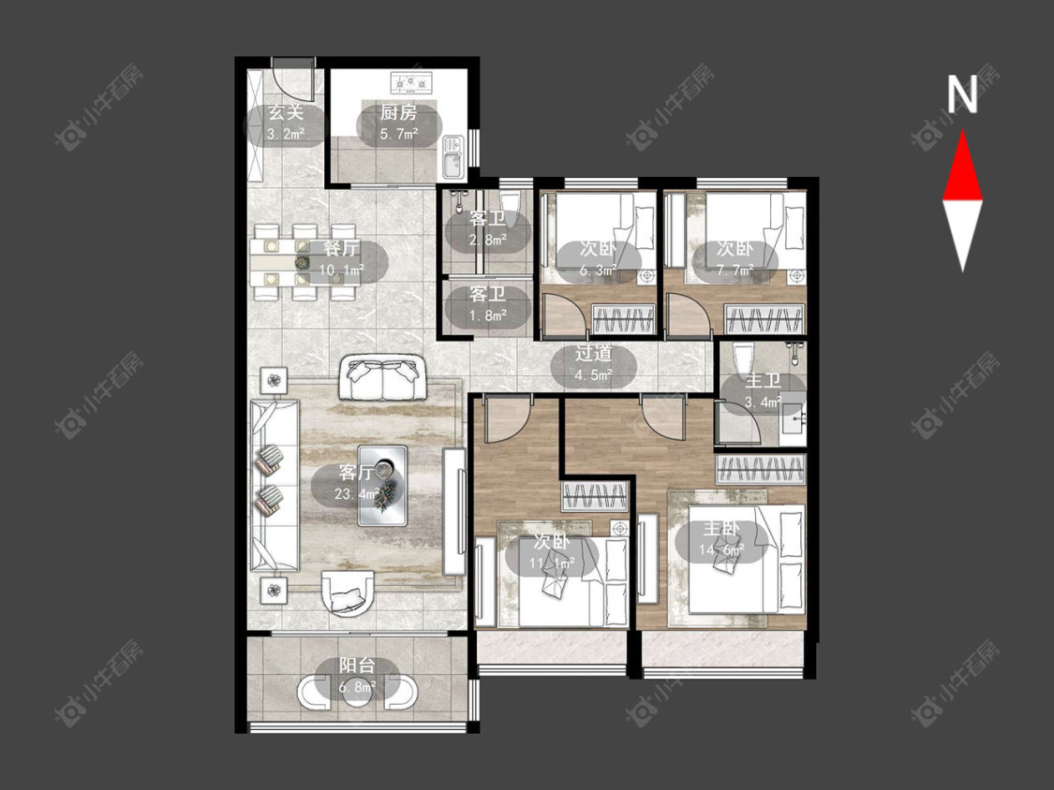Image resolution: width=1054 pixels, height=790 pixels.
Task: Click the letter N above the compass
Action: tap(962, 95)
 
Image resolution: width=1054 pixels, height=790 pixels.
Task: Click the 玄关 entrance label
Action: tap(286, 112)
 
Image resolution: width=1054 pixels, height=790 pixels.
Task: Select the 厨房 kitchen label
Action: tap(398, 112)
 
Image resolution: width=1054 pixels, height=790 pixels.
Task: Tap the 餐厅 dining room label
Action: tap(341, 249)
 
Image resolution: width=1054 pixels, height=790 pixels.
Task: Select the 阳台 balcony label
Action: tap(357, 666)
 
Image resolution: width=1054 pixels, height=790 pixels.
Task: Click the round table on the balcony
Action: tap(356, 694)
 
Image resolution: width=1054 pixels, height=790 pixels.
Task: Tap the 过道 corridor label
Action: tap(593, 354)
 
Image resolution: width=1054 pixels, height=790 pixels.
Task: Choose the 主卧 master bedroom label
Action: tap(721, 530)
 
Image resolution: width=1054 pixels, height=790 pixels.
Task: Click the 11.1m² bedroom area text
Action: tap(552, 563)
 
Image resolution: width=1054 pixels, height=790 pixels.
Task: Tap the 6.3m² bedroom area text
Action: tap(599, 271)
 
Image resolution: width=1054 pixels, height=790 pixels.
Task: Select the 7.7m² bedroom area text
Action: tap(735, 271)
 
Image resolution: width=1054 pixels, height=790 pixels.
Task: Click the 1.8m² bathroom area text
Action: tap(488, 315)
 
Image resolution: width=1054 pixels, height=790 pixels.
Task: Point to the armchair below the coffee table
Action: tap(348, 592)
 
